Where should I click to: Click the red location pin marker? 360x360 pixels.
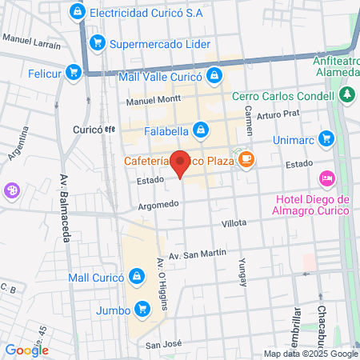point(181,164)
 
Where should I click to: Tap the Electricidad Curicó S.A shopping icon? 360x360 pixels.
point(77,13)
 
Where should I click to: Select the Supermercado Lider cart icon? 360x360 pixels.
point(97,43)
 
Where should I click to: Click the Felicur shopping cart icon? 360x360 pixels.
point(74,72)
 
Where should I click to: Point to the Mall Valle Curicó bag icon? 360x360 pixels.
point(214,76)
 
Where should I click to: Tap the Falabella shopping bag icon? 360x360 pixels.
point(200,127)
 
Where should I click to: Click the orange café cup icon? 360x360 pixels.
point(246,160)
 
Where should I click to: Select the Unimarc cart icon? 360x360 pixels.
point(326,138)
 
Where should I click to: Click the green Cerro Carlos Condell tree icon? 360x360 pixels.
point(347,96)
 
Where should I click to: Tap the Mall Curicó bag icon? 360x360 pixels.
point(138,277)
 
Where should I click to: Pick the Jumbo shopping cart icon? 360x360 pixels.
point(142,308)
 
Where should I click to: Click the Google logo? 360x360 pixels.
point(26,350)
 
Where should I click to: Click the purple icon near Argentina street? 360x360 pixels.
point(13,190)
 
